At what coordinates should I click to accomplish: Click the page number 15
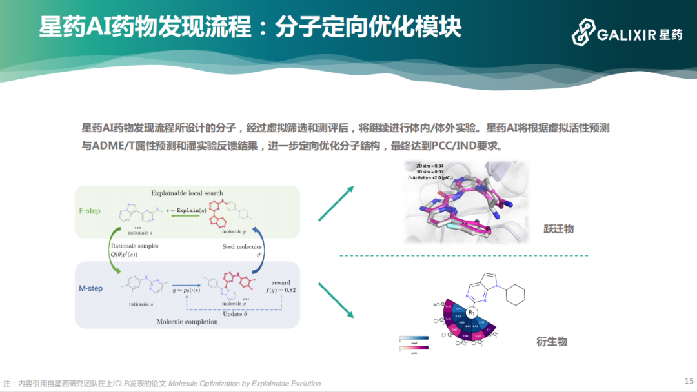pyautogui.click(x=688, y=381)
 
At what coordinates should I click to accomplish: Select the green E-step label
pyautogui.click(x=90, y=211)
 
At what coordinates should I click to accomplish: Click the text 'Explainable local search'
pyautogui.click(x=187, y=193)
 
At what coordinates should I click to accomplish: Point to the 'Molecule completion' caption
pyautogui.click(x=187, y=321)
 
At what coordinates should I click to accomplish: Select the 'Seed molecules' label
pyautogui.click(x=243, y=246)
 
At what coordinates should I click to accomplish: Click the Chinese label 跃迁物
pyautogui.click(x=558, y=229)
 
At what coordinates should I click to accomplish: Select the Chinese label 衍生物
pyautogui.click(x=551, y=341)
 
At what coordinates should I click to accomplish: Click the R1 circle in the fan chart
pyautogui.click(x=472, y=312)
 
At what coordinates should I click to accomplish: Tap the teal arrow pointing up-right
pyautogui.click(x=337, y=203)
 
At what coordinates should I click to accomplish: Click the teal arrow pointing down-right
pyautogui.click(x=337, y=299)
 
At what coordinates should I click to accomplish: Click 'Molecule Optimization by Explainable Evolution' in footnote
pyautogui.click(x=245, y=384)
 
